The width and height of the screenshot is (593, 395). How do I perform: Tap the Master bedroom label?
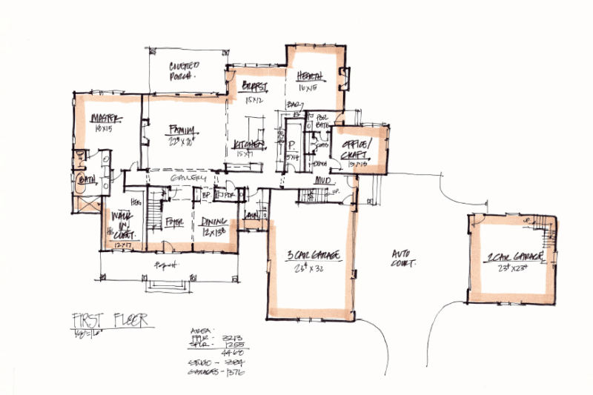[x=105, y=121]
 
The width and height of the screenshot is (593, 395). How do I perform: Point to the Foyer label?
[x=175, y=221]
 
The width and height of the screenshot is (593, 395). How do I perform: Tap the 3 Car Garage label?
[x=313, y=256]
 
